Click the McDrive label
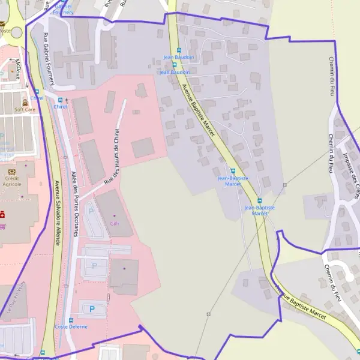pos(18,70)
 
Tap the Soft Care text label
pos(25,110)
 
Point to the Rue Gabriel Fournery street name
pos(49,58)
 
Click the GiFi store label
pos(115,223)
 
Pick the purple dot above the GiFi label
pos(115,215)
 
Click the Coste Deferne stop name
pos(71,327)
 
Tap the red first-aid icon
pos(2,214)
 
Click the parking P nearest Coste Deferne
pos(92,308)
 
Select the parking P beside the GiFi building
pos(91,211)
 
